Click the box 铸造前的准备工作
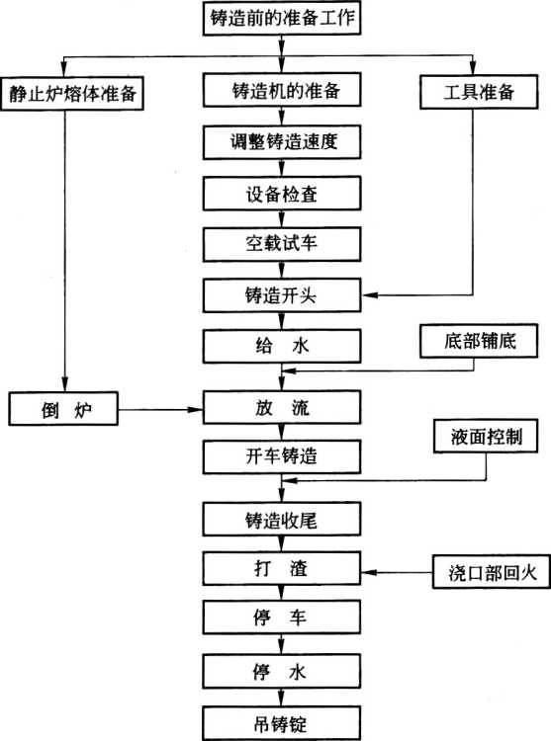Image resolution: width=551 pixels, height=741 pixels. click(282, 18)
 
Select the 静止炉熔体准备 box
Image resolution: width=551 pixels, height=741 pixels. click(72, 94)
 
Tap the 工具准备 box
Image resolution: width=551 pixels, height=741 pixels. click(479, 92)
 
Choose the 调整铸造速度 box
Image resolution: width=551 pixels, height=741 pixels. click(282, 141)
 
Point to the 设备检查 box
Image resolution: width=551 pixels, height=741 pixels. click(282, 194)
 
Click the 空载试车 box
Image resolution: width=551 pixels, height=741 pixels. click(282, 244)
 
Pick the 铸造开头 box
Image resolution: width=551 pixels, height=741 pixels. click(282, 295)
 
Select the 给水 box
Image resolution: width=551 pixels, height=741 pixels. click(282, 347)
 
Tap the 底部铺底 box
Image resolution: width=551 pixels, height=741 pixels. click(479, 341)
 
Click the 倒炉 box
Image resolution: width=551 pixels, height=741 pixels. click(63, 409)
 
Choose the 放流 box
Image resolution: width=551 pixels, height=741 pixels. click(282, 407)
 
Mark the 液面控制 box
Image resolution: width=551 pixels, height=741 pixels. click(486, 436)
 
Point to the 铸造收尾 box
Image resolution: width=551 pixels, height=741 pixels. click(282, 520)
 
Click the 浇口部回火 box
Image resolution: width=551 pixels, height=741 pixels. click(492, 572)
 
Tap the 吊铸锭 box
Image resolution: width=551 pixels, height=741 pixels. click(282, 723)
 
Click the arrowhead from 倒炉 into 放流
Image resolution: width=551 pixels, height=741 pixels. click(196, 409)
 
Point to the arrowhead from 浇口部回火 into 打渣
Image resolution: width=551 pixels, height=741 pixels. click(369, 572)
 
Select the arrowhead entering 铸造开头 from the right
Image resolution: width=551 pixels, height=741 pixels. click(369, 295)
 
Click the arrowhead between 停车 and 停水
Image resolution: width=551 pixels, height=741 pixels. click(282, 647)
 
